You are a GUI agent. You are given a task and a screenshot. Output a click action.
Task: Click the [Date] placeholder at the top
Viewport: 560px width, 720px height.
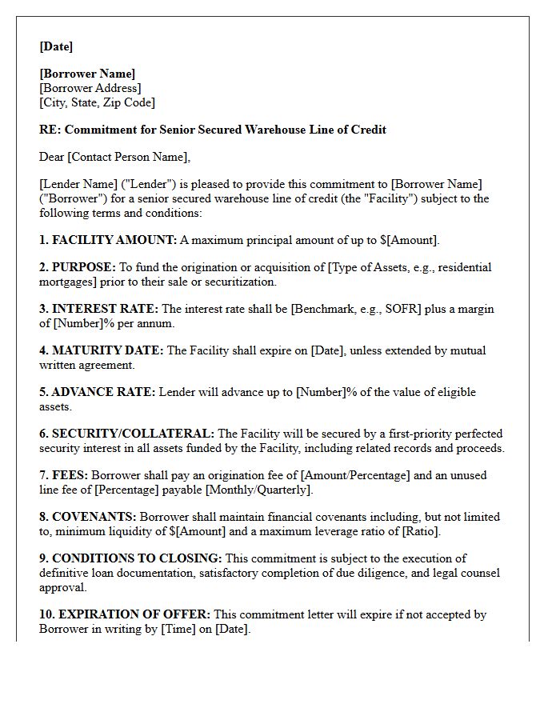click(x=56, y=46)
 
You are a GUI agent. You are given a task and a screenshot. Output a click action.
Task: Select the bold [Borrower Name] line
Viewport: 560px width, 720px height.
click(x=87, y=74)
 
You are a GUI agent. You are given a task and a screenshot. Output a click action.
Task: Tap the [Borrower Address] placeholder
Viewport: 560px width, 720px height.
click(x=90, y=88)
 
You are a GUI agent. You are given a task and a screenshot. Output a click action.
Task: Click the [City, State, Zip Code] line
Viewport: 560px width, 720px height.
click(x=97, y=102)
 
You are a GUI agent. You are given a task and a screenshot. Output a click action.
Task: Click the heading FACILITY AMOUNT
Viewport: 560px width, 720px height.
click(x=114, y=240)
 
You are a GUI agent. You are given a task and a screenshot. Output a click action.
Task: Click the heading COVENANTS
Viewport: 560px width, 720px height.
click(x=94, y=517)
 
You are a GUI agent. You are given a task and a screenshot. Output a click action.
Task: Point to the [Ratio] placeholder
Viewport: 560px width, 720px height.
click(x=422, y=531)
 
